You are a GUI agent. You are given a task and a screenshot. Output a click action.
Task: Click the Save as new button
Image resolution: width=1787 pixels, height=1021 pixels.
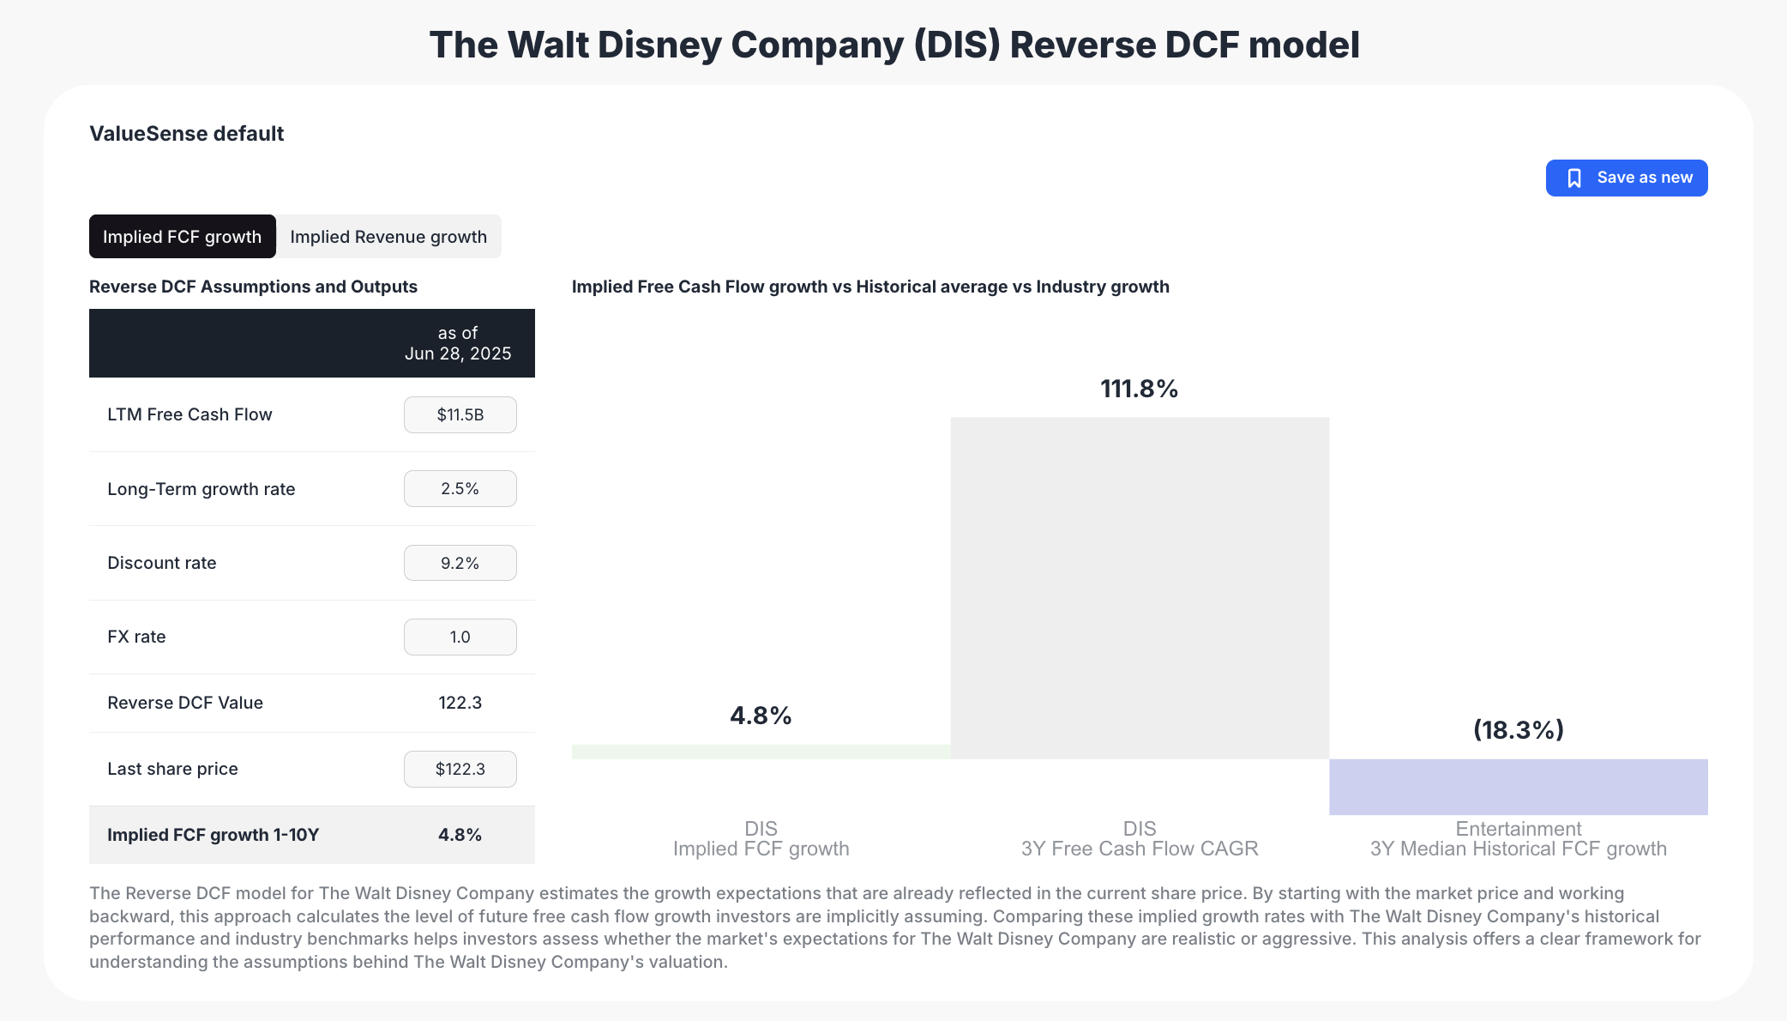1626,178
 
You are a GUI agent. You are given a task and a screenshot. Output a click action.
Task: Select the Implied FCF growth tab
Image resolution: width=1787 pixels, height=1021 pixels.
182,237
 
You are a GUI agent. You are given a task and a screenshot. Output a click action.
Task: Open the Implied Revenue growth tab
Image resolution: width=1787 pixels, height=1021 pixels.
388,237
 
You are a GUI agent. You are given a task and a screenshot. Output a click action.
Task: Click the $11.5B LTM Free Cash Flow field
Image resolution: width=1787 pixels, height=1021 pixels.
460,415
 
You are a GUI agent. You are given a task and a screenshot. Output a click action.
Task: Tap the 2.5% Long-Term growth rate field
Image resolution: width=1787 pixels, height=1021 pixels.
460,489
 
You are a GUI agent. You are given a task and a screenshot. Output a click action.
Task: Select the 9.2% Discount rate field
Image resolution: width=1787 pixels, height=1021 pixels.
460,563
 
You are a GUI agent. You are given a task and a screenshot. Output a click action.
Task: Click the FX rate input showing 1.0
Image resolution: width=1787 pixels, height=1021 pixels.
460,637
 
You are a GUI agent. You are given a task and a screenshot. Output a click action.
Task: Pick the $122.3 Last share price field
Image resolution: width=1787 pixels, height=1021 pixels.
460,769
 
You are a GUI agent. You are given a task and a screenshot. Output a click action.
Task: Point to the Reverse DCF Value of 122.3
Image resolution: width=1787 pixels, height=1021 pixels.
460,703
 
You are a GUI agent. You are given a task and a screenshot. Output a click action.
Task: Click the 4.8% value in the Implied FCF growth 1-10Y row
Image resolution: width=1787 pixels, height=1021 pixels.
460,835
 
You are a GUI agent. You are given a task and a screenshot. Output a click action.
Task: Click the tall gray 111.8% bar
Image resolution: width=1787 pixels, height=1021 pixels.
1140,588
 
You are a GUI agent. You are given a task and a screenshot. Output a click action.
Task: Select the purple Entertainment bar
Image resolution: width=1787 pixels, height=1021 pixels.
1518,787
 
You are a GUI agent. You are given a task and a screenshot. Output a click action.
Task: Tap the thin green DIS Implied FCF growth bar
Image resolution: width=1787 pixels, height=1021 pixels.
761,752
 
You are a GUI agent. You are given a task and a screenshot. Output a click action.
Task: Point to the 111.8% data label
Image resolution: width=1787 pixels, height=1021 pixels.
1139,389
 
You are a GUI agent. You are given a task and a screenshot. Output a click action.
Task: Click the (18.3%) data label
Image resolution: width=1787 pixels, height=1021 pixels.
1518,730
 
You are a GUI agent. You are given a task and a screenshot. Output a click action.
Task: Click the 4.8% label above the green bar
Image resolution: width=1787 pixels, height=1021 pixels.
761,716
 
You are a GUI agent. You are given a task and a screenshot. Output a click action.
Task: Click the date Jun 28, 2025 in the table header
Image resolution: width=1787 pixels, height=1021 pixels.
458,353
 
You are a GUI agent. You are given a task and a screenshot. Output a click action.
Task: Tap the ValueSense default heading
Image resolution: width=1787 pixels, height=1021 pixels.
186,134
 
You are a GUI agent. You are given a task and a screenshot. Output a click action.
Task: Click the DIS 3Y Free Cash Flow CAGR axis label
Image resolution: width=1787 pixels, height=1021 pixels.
1139,839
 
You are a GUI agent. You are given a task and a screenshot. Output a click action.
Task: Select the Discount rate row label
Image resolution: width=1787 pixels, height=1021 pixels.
162,563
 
